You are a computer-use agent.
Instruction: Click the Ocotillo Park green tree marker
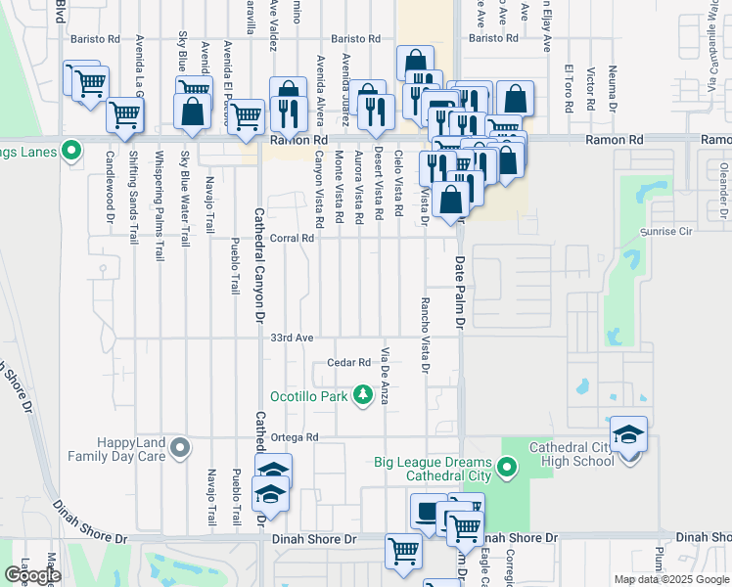(x=363, y=394)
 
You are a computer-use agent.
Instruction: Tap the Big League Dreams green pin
(x=507, y=469)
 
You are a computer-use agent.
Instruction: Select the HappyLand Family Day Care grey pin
(x=179, y=448)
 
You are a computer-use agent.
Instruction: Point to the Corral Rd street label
(x=291, y=238)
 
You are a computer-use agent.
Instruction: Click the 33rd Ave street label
(x=292, y=338)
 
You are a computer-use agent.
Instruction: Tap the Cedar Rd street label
(x=350, y=363)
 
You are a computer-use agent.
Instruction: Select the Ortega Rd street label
(x=296, y=437)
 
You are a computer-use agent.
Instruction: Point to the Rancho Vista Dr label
(x=424, y=336)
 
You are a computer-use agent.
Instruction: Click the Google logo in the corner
(x=32, y=576)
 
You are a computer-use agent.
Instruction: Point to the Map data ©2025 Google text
(x=671, y=579)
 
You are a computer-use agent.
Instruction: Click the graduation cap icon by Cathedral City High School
(x=628, y=434)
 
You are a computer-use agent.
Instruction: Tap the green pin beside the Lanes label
(x=70, y=151)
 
